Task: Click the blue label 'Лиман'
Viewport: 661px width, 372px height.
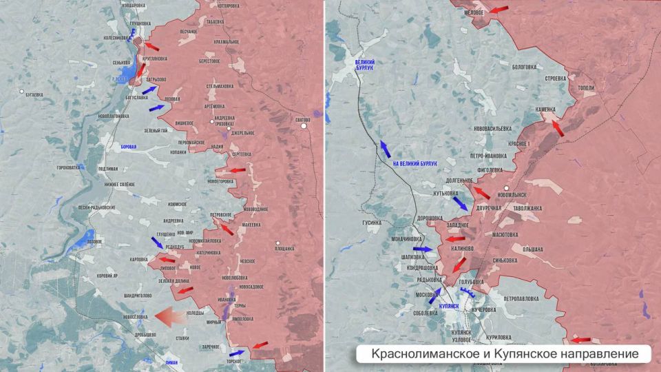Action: pyautogui.click(x=176, y=361)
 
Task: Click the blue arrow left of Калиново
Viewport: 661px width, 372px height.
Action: pyautogui.click(x=423, y=249)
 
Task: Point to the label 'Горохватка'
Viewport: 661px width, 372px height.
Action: pyautogui.click(x=68, y=167)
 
